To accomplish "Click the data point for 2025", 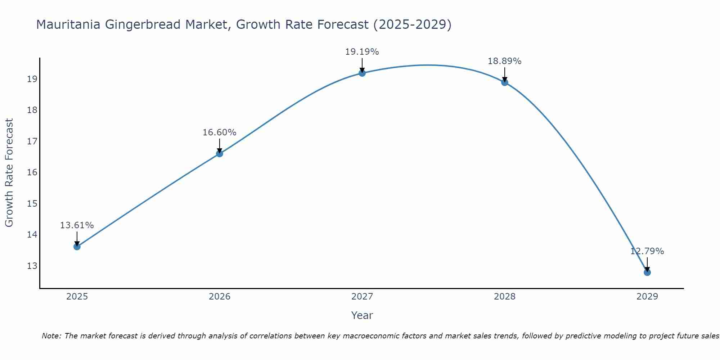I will pyautogui.click(x=77, y=247).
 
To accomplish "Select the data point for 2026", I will pyautogui.click(x=219, y=154).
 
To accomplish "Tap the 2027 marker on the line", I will pyautogui.click(x=362, y=73).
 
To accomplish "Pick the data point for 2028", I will pyautogui.click(x=505, y=82).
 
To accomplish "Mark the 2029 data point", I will pyautogui.click(x=647, y=272).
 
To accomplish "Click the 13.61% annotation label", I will pyautogui.click(x=77, y=225).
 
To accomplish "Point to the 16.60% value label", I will pyautogui.click(x=219, y=132).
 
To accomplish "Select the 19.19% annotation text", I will pyautogui.click(x=362, y=52).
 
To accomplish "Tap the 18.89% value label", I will pyautogui.click(x=504, y=61).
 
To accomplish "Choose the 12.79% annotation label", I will pyautogui.click(x=647, y=251).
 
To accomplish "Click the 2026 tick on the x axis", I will pyautogui.click(x=219, y=297).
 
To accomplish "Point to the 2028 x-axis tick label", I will pyautogui.click(x=504, y=297).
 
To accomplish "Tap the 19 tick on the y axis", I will pyautogui.click(x=32, y=79).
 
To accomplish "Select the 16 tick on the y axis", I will pyautogui.click(x=32, y=172).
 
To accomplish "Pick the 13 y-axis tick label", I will pyautogui.click(x=32, y=266).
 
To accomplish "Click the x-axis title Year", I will pyautogui.click(x=362, y=315).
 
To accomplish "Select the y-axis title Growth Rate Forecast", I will pyautogui.click(x=9, y=172).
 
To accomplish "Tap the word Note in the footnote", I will pyautogui.click(x=51, y=336).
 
